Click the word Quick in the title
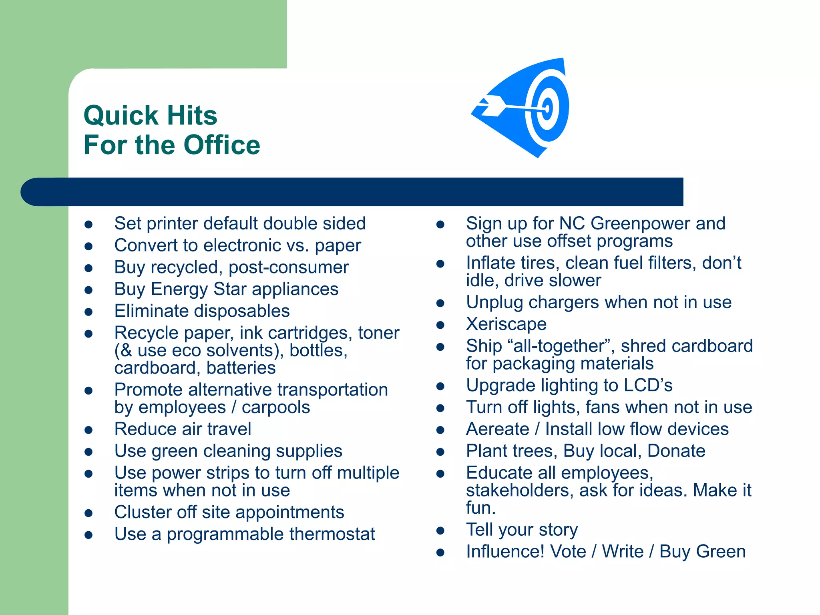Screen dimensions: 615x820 [121, 116]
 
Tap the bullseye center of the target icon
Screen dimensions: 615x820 [547, 108]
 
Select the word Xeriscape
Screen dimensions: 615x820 [506, 324]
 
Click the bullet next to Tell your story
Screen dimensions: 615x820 [440, 531]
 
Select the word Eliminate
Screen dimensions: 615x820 [151, 311]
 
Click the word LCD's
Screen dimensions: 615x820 [648, 386]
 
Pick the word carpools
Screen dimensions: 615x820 [275, 408]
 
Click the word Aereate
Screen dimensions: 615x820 [497, 429]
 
